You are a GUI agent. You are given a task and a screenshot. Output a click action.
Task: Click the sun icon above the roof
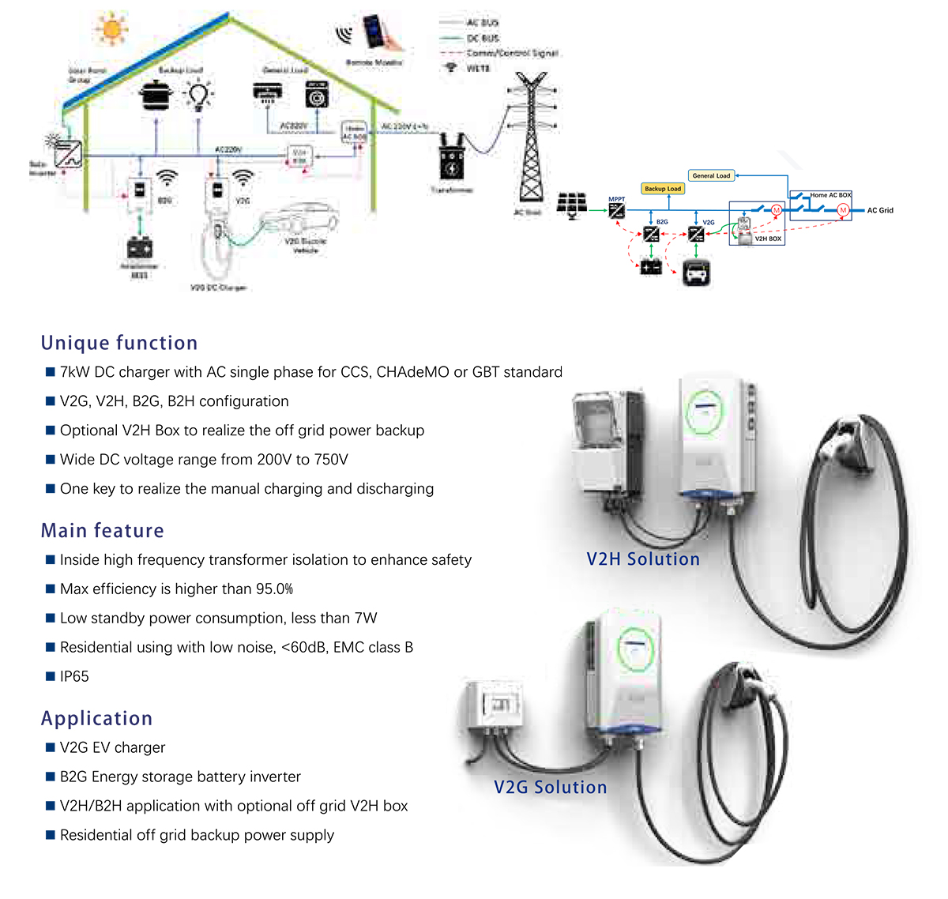click(111, 29)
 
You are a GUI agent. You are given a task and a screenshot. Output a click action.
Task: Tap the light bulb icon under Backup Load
click(197, 96)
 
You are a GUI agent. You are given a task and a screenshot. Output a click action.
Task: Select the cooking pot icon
click(156, 96)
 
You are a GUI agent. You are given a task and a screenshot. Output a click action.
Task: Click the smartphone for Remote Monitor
click(374, 32)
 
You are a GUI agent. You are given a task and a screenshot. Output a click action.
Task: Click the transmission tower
click(531, 138)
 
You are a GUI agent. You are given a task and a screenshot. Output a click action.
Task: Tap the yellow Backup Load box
click(662, 189)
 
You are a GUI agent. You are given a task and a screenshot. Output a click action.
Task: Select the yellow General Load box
click(711, 175)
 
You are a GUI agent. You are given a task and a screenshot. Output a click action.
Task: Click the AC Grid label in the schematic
click(880, 210)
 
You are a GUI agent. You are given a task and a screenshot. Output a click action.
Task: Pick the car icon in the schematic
click(696, 273)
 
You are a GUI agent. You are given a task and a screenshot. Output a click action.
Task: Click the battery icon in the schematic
click(651, 267)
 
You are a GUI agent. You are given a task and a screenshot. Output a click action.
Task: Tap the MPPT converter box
click(616, 210)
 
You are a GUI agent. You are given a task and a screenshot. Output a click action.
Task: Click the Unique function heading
click(119, 343)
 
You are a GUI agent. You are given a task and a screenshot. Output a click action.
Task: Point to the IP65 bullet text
click(74, 677)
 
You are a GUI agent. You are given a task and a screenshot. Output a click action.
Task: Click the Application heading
click(96, 718)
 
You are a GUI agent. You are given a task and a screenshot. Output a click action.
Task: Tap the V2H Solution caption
click(643, 559)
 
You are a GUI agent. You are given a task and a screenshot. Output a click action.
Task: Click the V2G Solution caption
click(551, 788)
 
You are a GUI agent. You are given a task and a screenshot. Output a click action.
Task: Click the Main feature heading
click(103, 530)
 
